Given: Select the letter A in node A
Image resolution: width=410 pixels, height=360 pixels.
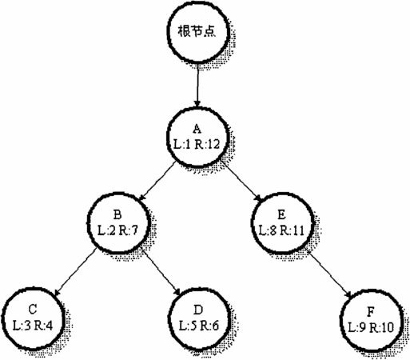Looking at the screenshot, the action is (x=197, y=129).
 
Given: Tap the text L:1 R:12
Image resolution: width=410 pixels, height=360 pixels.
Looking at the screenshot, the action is (x=197, y=145).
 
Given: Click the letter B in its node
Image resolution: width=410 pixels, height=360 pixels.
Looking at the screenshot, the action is (x=117, y=214).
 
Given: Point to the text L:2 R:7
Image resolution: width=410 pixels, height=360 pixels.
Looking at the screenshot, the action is (x=117, y=230).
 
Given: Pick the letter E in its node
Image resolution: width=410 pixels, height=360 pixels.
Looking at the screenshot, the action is (x=281, y=214).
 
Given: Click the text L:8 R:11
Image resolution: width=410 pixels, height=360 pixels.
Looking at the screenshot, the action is (x=281, y=230).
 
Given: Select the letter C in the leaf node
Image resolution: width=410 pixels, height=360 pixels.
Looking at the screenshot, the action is (x=33, y=310).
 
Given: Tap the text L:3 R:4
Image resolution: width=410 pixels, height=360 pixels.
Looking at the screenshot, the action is (x=33, y=326).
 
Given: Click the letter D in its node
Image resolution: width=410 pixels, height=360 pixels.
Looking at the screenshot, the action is (x=198, y=310).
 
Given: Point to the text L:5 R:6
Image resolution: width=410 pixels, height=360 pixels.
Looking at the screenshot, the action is (x=198, y=326).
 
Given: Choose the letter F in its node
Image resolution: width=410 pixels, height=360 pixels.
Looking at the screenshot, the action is (x=371, y=312).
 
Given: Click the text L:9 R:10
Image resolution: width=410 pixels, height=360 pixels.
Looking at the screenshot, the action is (x=371, y=328).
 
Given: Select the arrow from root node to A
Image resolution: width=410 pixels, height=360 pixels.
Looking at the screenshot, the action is (x=197, y=85).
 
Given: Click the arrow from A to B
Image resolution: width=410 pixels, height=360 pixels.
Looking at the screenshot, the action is (x=157, y=181).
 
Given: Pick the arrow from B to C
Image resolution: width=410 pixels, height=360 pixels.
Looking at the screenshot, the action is (x=75, y=272).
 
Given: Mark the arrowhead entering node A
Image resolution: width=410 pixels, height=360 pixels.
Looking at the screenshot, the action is (x=197, y=104).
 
